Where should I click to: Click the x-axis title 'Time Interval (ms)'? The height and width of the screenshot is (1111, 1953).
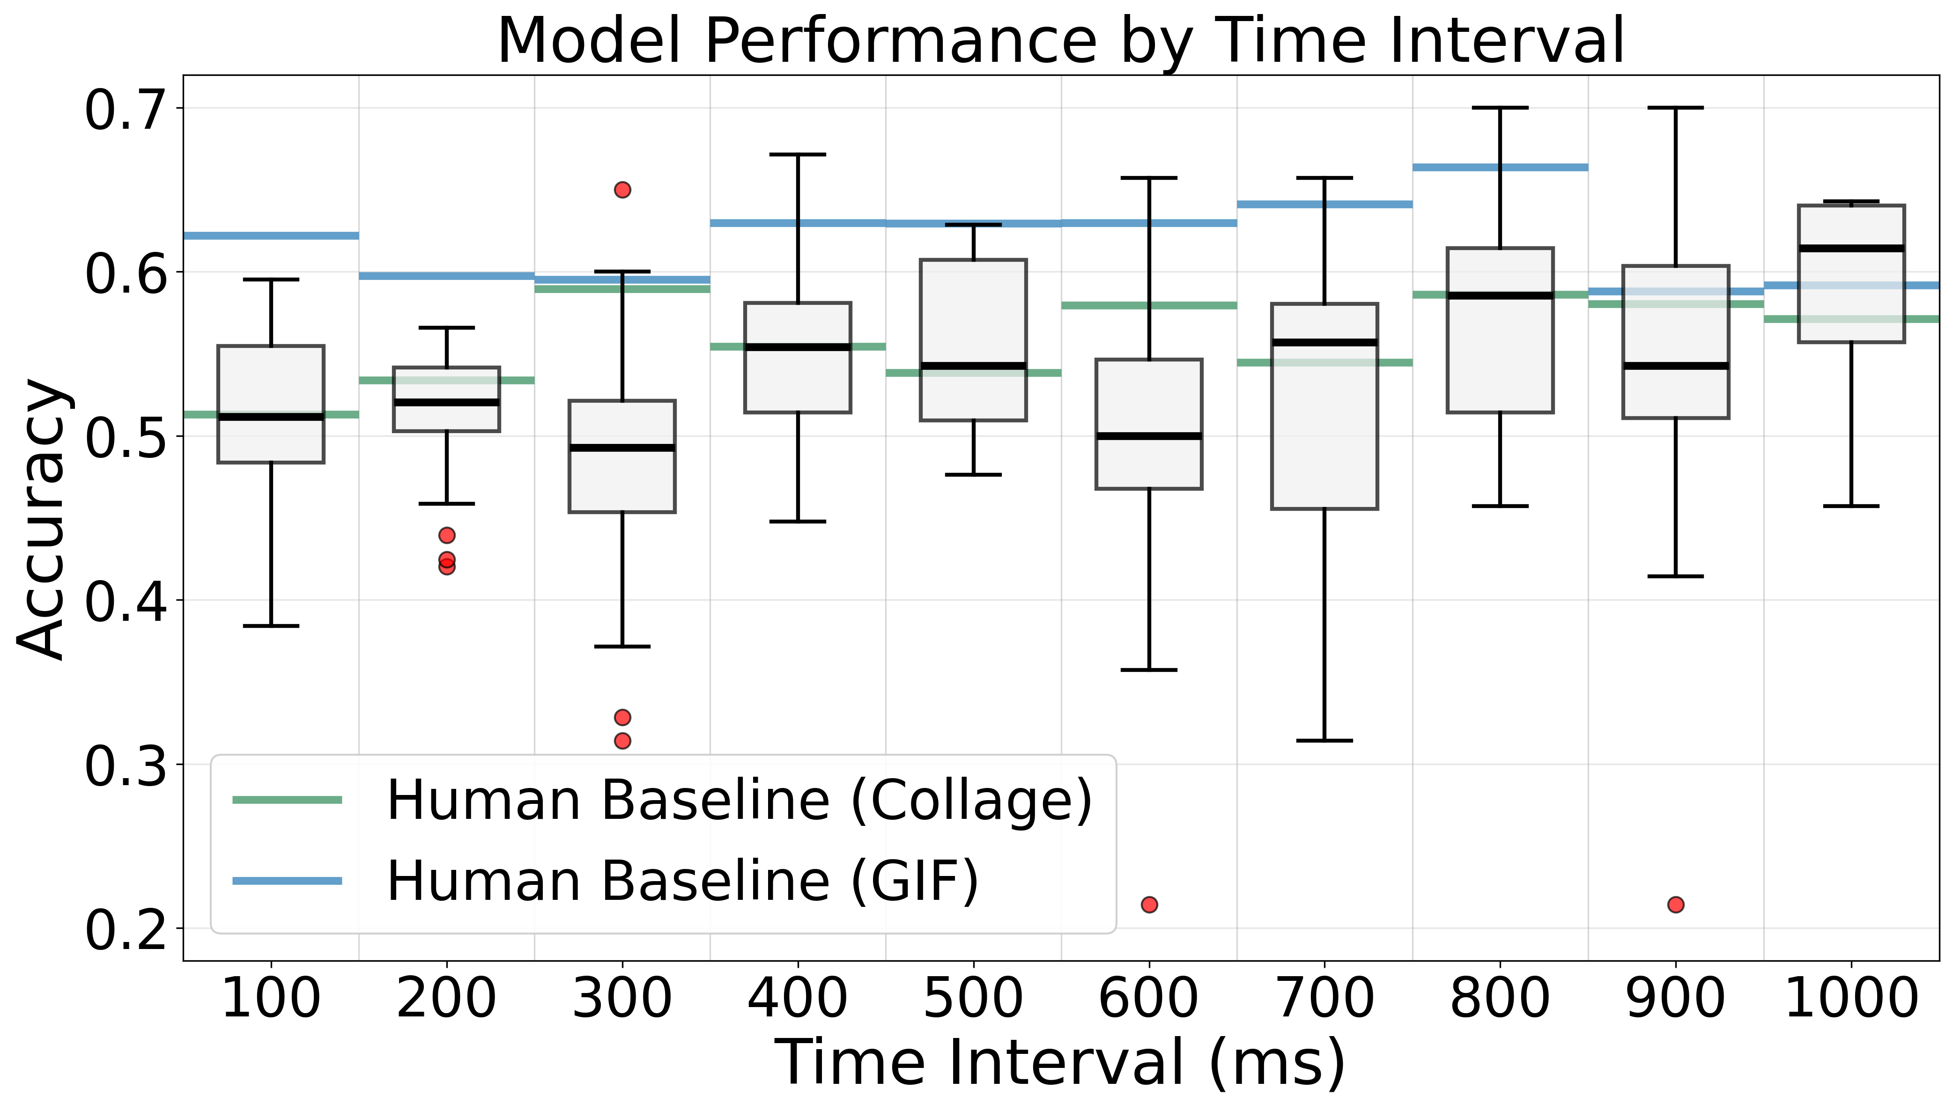1061,1062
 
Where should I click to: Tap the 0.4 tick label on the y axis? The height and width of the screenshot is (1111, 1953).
125,601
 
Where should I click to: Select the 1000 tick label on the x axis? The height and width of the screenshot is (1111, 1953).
1851,998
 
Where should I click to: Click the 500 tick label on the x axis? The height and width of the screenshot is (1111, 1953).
973,998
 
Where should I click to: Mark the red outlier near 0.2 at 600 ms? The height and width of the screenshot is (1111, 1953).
1148,904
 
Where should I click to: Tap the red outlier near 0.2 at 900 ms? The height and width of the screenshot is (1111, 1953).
1675,904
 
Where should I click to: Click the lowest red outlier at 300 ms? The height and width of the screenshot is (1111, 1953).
622,740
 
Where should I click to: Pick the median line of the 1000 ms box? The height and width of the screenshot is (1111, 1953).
1851,248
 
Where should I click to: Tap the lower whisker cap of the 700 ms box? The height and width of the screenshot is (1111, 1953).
1324,740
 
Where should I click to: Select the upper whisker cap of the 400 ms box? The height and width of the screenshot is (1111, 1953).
798,154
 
